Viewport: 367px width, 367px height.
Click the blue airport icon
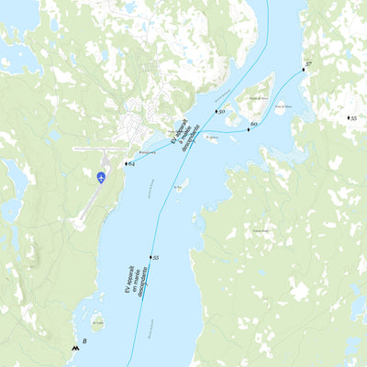tap(101, 176)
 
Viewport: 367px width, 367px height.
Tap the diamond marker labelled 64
tap(126, 162)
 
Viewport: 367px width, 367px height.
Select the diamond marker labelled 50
tap(216, 111)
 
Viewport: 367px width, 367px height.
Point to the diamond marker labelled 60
tap(248, 128)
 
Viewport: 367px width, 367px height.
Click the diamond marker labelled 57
tap(303, 68)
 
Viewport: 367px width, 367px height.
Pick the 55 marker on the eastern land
tap(348, 118)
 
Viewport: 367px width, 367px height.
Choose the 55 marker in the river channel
tap(150, 258)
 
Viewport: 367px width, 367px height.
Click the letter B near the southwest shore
tap(84, 342)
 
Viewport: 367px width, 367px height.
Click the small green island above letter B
tap(97, 322)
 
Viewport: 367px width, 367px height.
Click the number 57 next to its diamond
tap(310, 63)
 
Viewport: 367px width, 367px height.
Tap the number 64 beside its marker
tap(132, 163)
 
